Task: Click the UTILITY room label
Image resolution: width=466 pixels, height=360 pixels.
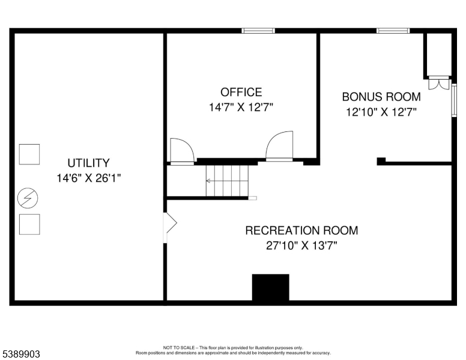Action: [x=88, y=163]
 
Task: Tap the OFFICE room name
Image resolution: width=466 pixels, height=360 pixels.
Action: [x=241, y=92]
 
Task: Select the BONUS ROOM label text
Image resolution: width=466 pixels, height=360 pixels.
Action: [x=381, y=97]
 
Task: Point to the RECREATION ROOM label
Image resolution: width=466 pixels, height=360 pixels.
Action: [x=301, y=230]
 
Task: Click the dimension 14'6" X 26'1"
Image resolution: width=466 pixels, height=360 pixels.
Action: [x=88, y=178]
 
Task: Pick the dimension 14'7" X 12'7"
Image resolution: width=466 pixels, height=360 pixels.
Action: [x=241, y=107]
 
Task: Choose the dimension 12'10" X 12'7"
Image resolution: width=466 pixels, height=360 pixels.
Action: [x=381, y=112]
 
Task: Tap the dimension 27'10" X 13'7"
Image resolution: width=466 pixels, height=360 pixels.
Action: [x=301, y=245]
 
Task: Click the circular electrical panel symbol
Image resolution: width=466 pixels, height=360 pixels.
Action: [x=28, y=198]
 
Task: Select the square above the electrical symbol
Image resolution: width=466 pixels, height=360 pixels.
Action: [x=29, y=154]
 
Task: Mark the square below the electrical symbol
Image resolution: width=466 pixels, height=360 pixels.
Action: [x=29, y=224]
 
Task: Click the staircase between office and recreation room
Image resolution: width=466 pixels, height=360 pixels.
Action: [x=227, y=181]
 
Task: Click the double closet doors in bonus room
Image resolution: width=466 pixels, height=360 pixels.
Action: [x=439, y=83]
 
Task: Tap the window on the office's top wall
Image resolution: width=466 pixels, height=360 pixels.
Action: [x=258, y=31]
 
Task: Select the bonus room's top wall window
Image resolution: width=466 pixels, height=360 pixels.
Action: [x=393, y=31]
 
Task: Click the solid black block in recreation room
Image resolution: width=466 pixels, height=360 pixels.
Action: [x=270, y=287]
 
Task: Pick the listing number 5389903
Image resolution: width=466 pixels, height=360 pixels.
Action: [x=21, y=354]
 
